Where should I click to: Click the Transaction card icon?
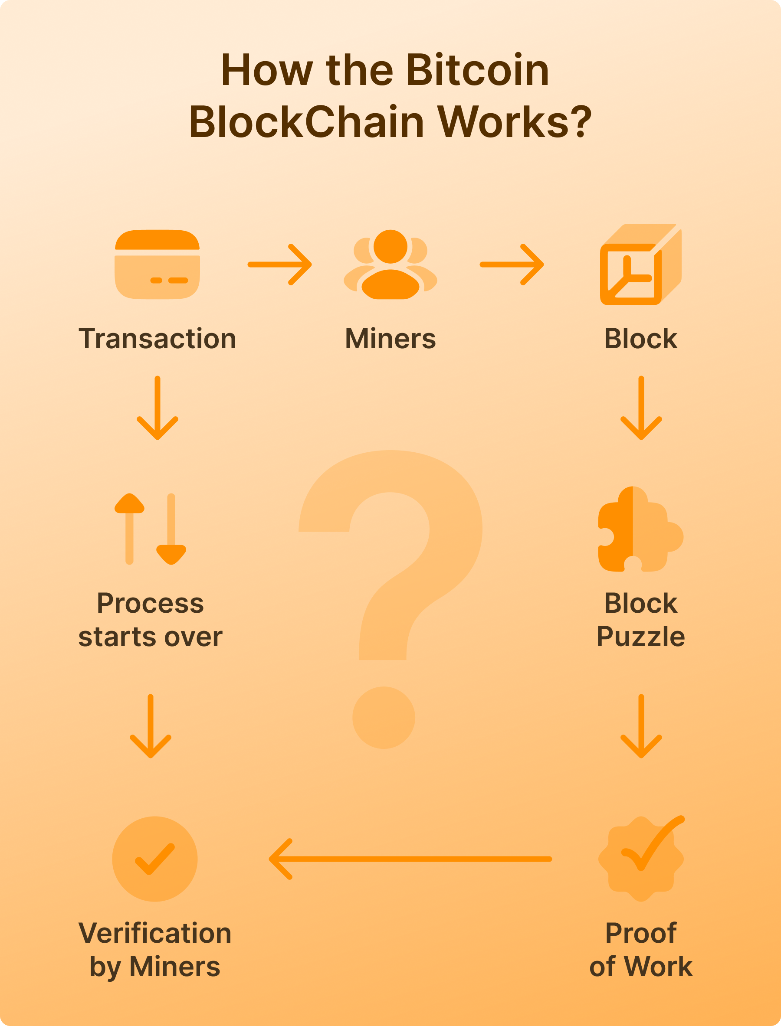point(157,265)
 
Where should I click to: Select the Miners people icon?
point(390,265)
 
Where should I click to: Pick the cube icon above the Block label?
point(640,265)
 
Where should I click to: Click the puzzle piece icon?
point(640,529)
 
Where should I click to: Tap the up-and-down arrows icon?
point(150,529)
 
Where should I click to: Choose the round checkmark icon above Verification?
point(155,859)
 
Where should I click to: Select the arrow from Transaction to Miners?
point(279,265)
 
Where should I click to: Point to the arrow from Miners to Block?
point(512,265)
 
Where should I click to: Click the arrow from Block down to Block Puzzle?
point(641,408)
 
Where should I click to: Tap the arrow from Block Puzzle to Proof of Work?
point(641,726)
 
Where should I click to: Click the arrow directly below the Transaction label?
point(157,408)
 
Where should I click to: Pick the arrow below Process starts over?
point(150,726)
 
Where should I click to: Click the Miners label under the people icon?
point(390,339)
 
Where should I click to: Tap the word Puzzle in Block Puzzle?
point(640,637)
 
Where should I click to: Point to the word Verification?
point(155,933)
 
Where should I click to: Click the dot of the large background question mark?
point(384,717)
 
